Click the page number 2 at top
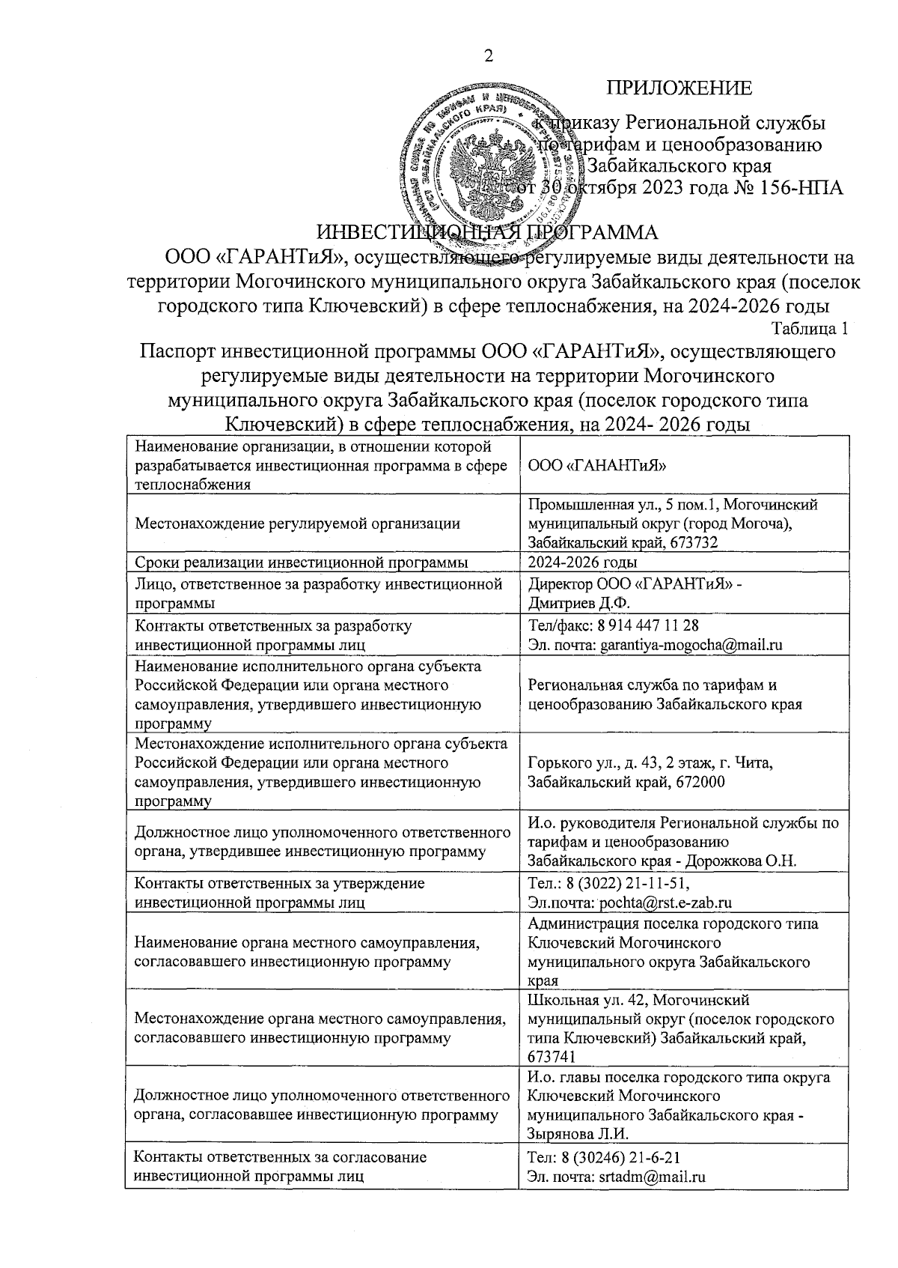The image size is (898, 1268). point(489,56)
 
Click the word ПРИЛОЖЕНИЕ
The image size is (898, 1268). point(679,88)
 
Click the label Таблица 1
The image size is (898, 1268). point(810,328)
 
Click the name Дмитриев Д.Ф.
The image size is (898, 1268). point(569,602)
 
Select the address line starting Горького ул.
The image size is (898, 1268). point(650,763)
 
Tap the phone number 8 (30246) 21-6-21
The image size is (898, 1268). point(622,1157)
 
